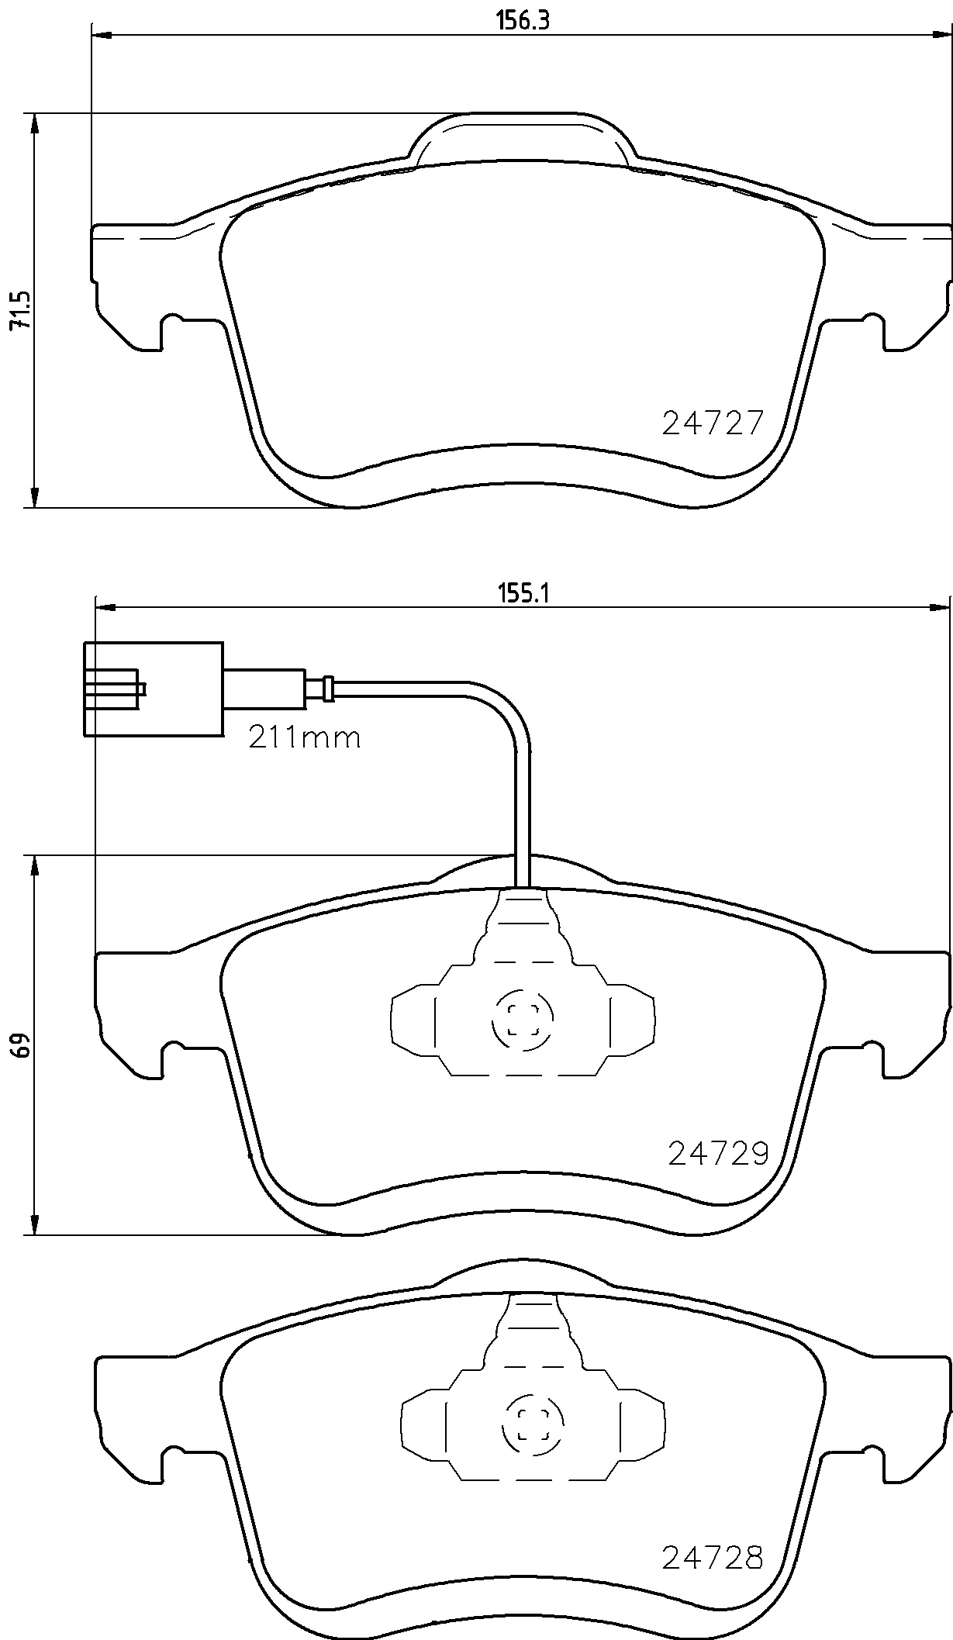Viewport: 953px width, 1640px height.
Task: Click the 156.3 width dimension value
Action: (523, 21)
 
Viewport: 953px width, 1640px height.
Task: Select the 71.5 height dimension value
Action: (19, 311)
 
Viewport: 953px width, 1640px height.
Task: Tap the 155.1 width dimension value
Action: (523, 593)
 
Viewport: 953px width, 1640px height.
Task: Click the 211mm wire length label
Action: (305, 737)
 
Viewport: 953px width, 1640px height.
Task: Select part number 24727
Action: (713, 423)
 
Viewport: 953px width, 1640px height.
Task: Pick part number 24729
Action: (718, 1154)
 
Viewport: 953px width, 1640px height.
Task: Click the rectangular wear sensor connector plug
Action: (154, 688)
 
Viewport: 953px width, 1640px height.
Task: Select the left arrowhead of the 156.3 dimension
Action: (102, 35)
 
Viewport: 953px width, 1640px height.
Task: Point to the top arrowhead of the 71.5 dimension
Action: (33, 124)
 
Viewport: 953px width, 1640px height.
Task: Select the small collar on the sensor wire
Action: (329, 688)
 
